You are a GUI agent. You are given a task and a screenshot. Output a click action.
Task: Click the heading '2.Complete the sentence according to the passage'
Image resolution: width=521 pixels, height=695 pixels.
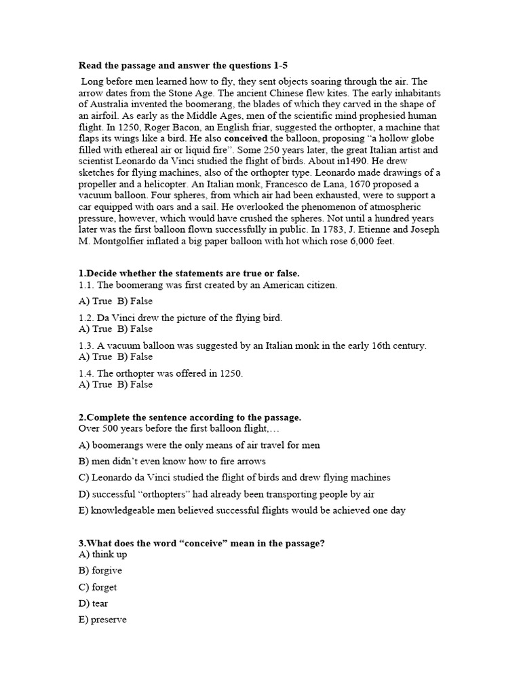(190, 417)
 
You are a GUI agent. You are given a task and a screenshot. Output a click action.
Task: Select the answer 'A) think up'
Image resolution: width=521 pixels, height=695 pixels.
(102, 555)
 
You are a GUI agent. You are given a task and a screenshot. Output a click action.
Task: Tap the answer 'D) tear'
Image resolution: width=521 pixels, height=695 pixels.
(94, 603)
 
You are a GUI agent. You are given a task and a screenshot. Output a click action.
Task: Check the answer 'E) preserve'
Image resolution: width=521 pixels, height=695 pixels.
(102, 620)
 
